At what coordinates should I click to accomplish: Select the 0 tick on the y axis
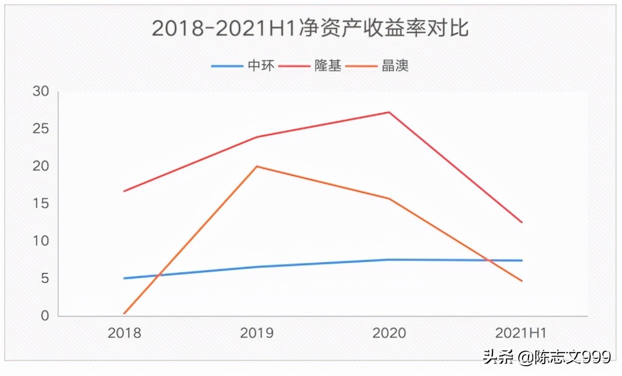click(x=45, y=316)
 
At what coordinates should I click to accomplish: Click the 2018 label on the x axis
click(x=124, y=333)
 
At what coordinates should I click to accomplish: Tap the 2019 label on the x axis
click(x=256, y=333)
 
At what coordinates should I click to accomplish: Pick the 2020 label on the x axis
click(x=389, y=333)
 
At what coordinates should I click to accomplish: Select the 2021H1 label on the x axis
click(x=521, y=333)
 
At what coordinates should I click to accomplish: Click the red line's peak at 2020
click(x=389, y=112)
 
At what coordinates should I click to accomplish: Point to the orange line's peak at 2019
click(x=256, y=166)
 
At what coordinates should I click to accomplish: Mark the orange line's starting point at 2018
click(x=124, y=314)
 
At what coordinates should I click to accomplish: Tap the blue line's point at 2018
click(x=124, y=278)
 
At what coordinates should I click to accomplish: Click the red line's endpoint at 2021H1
click(x=522, y=222)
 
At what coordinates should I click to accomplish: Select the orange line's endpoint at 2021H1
click(x=522, y=281)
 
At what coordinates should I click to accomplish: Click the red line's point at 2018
click(x=124, y=191)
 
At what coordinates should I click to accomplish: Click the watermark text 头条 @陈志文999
click(x=546, y=358)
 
